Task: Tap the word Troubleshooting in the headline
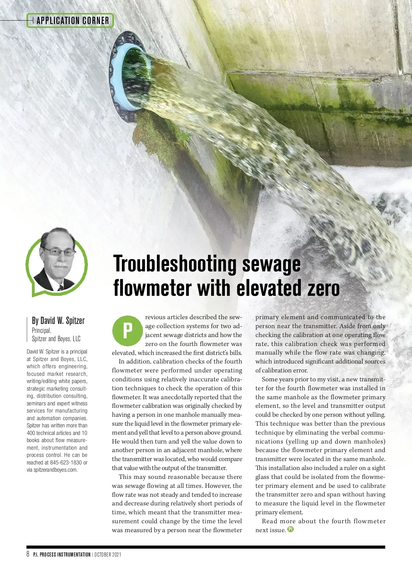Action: (174, 264)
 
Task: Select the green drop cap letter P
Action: (127, 330)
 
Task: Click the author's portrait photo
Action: (57, 261)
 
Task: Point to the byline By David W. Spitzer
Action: (58, 321)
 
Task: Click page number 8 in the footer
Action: (28, 554)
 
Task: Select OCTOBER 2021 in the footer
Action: (107, 554)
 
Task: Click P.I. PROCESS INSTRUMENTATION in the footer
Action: (62, 554)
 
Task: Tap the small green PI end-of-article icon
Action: (290, 529)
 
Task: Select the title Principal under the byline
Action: (41, 330)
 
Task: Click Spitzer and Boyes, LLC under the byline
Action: (56, 339)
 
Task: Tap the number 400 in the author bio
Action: (31, 433)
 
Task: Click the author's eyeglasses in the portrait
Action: (59, 253)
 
